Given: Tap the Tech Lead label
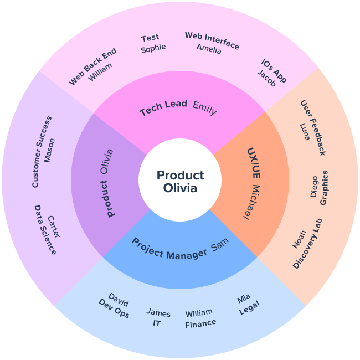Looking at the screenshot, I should point(163,108).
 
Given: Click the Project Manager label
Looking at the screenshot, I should point(169,249).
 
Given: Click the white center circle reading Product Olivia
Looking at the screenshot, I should point(180,181).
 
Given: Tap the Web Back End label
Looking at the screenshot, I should point(92,66).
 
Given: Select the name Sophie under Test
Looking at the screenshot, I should point(153,48).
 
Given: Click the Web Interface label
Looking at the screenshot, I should point(212,40).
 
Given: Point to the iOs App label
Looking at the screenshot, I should point(274,70).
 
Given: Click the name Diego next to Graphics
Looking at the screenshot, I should point(314,187).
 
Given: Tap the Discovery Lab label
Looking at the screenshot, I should point(307,244).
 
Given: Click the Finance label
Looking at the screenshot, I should point(200,323).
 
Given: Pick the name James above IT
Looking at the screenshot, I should point(158,313).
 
